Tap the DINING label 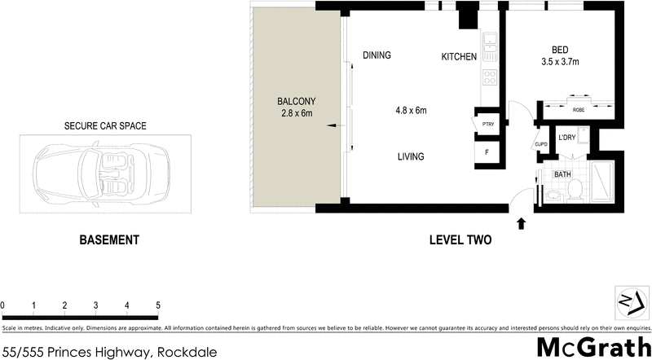point(377,55)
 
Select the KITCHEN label point(459,56)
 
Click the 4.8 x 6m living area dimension point(411,110)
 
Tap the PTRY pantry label point(488,125)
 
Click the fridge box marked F point(487,152)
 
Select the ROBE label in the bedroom point(579,109)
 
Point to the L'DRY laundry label point(566,137)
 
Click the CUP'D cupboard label point(540,146)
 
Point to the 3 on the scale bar point(95,305)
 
